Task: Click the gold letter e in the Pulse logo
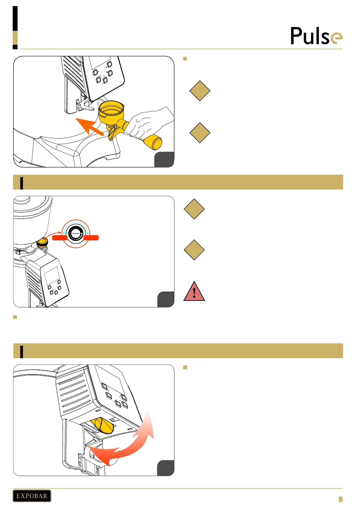336,39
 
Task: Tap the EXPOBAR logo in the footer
32,496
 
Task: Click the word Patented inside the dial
76,233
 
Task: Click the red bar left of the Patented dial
60,238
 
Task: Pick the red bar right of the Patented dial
91,238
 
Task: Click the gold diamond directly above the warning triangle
194,250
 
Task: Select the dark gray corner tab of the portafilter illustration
164,160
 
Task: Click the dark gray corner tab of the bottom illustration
166,468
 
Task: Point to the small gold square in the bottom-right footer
340,499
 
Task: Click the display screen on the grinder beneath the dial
52,275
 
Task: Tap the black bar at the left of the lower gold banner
21,351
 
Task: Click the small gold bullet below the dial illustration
15,317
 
